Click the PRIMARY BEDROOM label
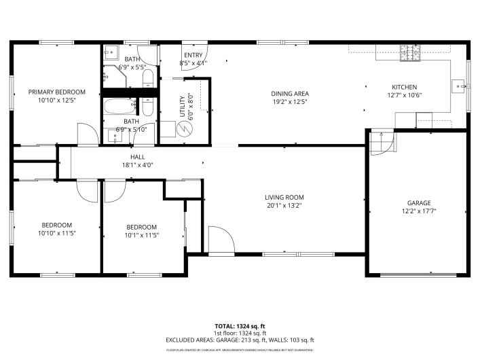tap(56, 92)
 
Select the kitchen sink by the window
tap(460, 86)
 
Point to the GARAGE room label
tap(418, 202)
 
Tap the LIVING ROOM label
tap(283, 197)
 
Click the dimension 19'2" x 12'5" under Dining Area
tap(290, 102)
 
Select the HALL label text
tap(137, 157)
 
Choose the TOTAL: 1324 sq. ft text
tap(240, 326)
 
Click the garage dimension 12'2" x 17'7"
tap(418, 211)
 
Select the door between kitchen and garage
tap(382, 143)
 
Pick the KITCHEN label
tap(404, 87)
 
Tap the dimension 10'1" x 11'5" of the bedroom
tap(141, 235)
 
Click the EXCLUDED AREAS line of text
tap(240, 340)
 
